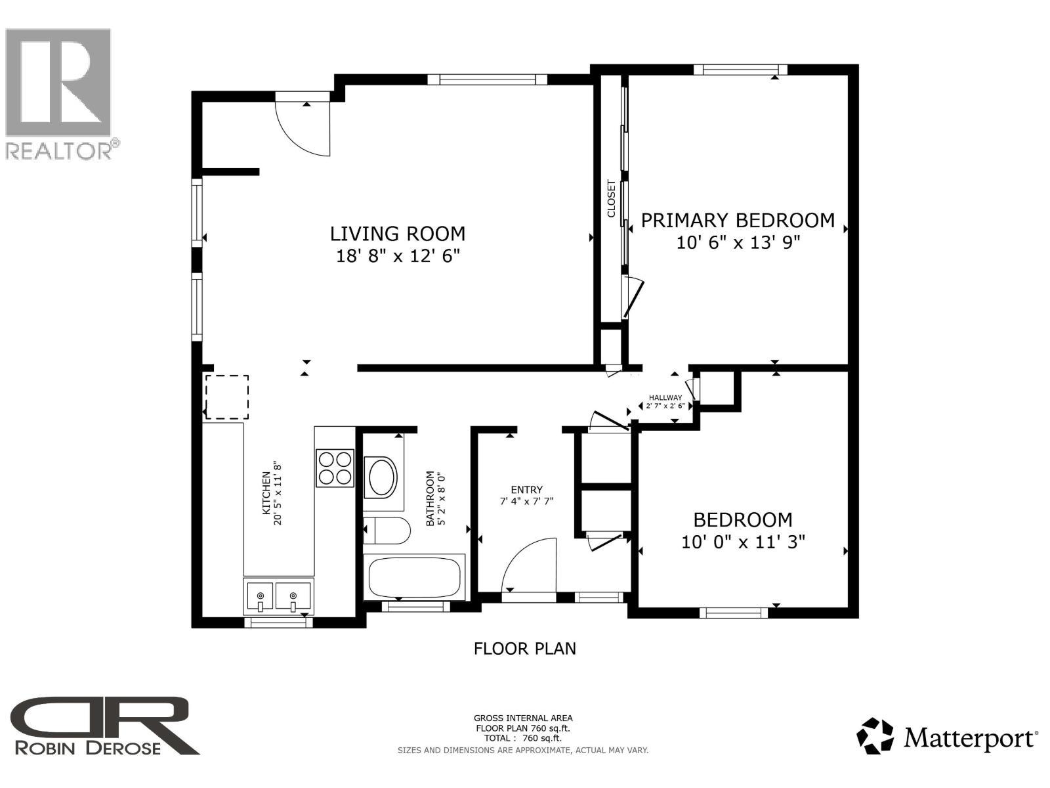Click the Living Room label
398,234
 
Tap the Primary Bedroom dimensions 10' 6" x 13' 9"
738,242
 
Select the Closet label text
611,198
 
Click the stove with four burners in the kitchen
335,468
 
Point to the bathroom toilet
387,530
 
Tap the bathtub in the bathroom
414,577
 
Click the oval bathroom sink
381,477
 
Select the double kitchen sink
278,596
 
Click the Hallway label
665,397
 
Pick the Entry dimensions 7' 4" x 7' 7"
526,502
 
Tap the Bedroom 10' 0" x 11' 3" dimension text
743,542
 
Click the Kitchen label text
266,493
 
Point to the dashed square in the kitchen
227,397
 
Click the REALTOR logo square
58,82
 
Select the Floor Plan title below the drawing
525,649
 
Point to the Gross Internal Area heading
523,718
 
